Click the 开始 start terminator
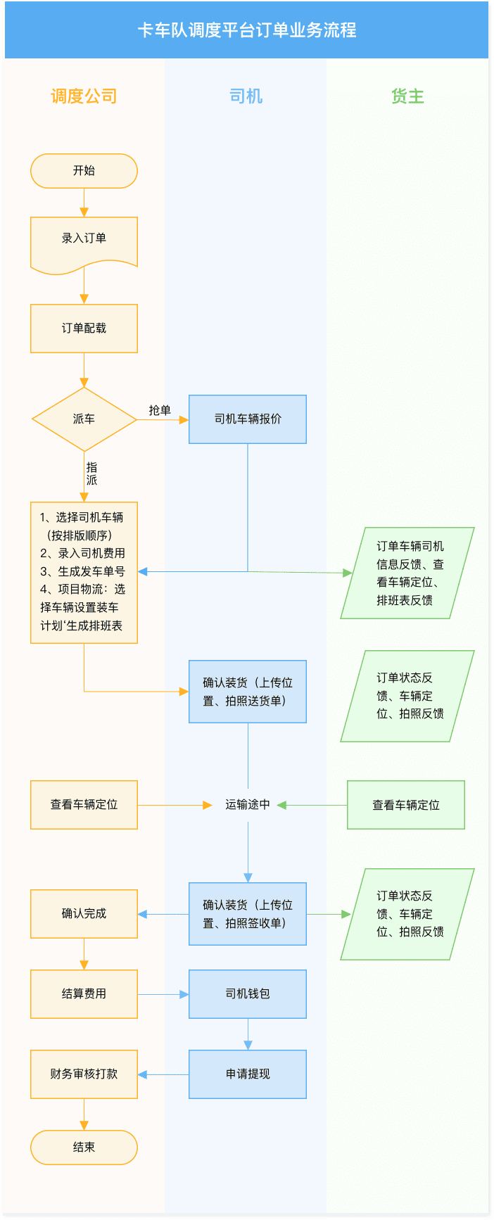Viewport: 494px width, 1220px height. click(x=84, y=171)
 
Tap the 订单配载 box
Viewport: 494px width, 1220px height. click(x=84, y=329)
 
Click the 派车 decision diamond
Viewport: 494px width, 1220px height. click(x=84, y=419)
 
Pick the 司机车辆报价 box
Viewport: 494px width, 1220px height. click(x=248, y=419)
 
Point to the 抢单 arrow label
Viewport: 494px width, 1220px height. click(x=160, y=410)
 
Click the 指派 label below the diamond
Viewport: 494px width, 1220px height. click(x=91, y=474)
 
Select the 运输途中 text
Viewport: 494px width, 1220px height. click(x=248, y=804)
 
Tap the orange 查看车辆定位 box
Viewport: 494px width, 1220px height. click(x=84, y=804)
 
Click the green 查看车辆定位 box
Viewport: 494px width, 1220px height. click(x=406, y=805)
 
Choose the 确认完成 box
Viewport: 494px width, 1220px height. click(x=84, y=914)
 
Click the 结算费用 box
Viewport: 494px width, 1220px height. click(x=84, y=994)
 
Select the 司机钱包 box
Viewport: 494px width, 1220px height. click(x=248, y=994)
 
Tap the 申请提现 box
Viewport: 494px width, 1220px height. click(x=248, y=1074)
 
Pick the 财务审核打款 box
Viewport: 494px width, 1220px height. click(x=84, y=1074)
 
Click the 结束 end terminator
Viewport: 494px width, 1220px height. click(x=84, y=1148)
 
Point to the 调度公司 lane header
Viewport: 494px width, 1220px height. click(x=84, y=96)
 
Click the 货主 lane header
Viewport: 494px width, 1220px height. click(x=407, y=96)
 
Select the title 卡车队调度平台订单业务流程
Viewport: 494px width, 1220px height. click(x=246, y=30)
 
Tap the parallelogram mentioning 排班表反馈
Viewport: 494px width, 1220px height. click(x=407, y=573)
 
